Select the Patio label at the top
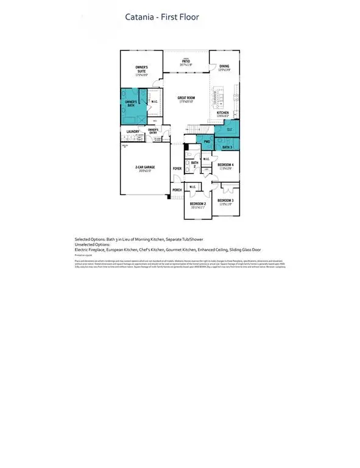click(186, 62)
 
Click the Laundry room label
click(133, 131)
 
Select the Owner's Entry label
click(154, 130)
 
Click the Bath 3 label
click(227, 147)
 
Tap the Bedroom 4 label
click(225, 165)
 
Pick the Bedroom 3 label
click(225, 200)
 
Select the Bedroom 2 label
click(198, 204)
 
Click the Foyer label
click(177, 168)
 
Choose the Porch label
click(177, 190)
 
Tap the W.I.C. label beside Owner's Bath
click(155, 101)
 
